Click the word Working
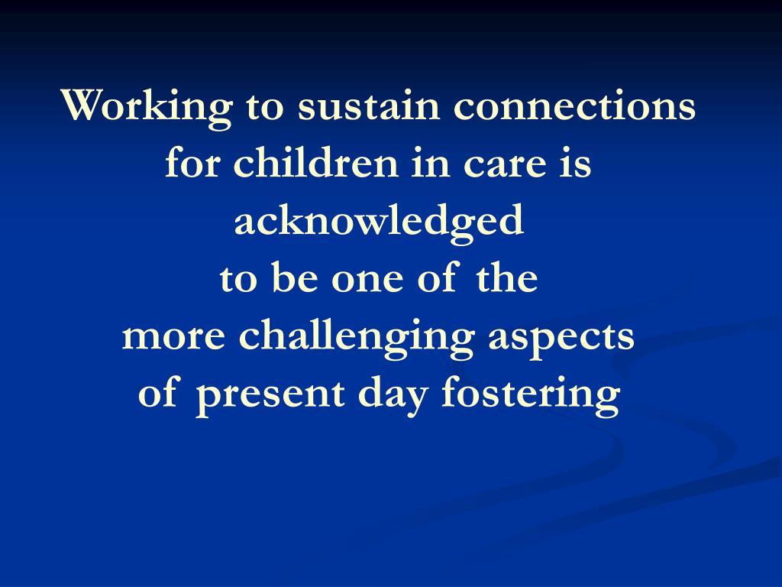[146, 107]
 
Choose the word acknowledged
[379, 222]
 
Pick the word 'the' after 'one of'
[507, 278]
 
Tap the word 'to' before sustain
[265, 107]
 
